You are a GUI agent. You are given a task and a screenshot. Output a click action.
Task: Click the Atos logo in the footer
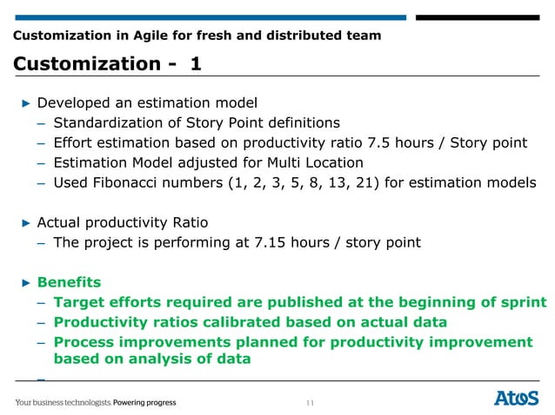(518, 399)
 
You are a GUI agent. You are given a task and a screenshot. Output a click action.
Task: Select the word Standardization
(111, 122)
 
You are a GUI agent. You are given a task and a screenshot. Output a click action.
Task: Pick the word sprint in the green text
(520, 302)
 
